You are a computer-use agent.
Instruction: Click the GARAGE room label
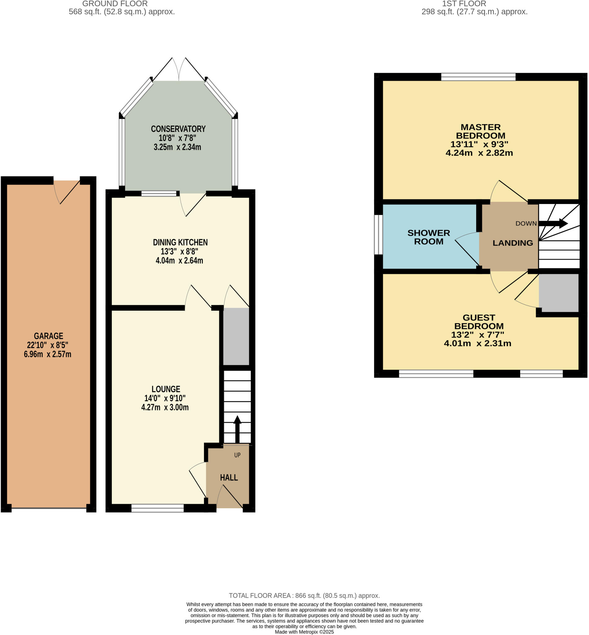[48, 336]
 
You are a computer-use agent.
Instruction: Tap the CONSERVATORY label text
[178, 129]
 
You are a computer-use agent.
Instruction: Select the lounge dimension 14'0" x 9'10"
[165, 398]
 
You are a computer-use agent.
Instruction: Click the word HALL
[228, 477]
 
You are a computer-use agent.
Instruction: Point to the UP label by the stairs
[237, 455]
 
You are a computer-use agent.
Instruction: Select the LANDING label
[512, 243]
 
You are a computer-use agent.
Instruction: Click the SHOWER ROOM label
[428, 237]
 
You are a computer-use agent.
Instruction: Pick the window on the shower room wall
[378, 235]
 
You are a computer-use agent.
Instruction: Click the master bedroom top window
[478, 77]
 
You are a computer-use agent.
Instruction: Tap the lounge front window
[157, 508]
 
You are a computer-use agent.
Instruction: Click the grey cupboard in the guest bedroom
[558, 293]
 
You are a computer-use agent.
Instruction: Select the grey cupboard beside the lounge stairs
[236, 336]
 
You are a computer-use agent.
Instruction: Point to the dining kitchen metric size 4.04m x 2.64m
[179, 260]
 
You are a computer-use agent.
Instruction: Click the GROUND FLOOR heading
[115, 4]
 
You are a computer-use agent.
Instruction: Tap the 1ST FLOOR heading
[464, 4]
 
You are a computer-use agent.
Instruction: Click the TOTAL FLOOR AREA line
[304, 596]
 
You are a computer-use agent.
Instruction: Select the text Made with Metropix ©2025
[304, 632]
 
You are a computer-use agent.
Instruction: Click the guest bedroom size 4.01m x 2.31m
[477, 343]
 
